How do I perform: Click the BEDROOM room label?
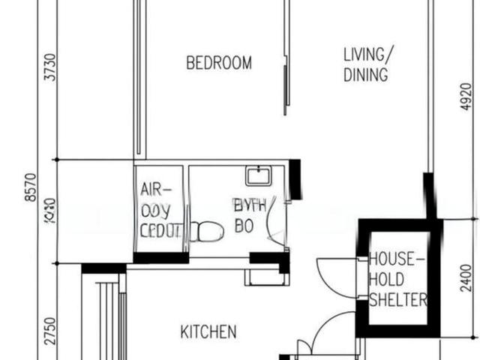pos(218,63)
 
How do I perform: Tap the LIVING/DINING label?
pos(366,64)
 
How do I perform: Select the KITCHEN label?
pos(208,331)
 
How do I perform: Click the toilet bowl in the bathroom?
pos(205,231)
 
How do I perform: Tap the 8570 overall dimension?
pos(30,187)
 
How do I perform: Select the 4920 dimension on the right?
pos(466,96)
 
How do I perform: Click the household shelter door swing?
pos(337,277)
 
